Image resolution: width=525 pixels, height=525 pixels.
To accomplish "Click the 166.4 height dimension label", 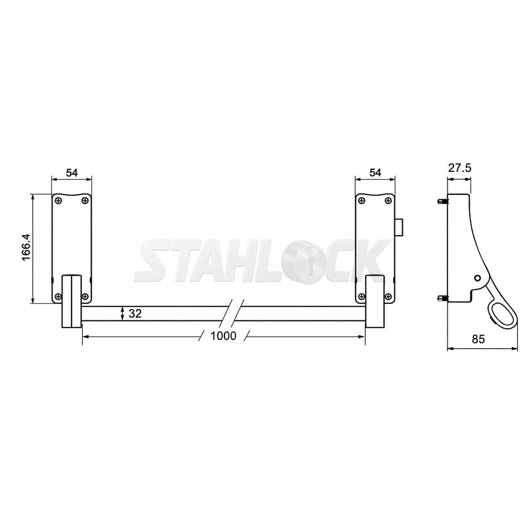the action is [26, 247].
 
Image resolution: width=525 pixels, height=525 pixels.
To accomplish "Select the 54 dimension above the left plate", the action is [72, 173].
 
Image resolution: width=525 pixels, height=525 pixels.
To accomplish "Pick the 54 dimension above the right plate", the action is [375, 173].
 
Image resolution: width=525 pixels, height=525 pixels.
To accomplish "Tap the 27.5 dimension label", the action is [460, 167].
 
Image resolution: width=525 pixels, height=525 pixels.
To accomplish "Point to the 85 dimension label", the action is [478, 339].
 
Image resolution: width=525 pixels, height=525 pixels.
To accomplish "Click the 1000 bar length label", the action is [223, 336].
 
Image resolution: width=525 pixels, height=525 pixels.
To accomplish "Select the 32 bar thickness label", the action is [135, 314].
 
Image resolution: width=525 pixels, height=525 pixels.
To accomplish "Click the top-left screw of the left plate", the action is [59, 201].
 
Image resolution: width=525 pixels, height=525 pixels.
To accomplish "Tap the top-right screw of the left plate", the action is [85, 201].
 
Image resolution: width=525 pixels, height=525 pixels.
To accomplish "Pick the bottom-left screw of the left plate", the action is [58, 297].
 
